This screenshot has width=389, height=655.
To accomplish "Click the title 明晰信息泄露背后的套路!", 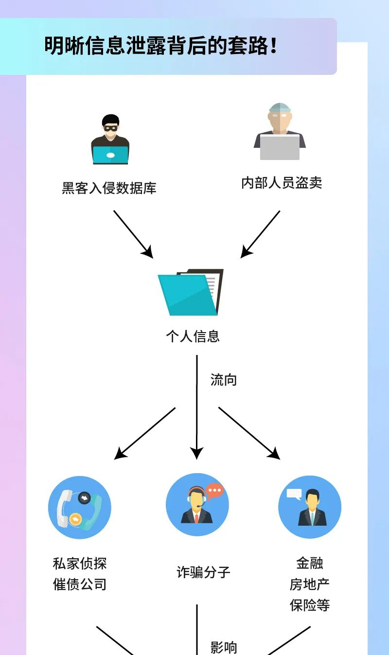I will point(161,46).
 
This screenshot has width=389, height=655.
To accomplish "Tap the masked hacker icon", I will point(110,140).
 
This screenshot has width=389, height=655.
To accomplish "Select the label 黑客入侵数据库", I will point(109,188).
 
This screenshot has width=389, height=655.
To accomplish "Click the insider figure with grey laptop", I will point(280,132).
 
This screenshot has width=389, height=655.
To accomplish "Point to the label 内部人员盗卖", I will point(282,183).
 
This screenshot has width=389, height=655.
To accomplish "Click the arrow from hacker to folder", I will point(133,234).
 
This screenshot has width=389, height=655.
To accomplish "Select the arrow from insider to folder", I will point(261,234).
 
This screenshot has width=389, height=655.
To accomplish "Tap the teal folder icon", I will point(190,292).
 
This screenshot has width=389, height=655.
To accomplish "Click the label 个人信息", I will point(193,336).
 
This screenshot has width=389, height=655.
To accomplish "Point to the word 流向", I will point(223,380).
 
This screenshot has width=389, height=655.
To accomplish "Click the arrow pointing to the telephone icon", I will point(145,433).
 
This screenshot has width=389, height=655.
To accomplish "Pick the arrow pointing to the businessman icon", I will point(249,433).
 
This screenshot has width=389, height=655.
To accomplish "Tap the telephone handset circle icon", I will point(80,508).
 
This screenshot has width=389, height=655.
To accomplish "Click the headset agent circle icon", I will point(197,505).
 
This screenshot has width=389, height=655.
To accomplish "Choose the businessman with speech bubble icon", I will point(310,507).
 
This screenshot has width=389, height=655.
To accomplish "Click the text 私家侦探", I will point(80,564).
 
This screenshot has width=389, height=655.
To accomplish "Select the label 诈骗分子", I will point(203,572).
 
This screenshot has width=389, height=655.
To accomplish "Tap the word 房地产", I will point(310,584).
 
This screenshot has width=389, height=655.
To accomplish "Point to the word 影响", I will point(224,647).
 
